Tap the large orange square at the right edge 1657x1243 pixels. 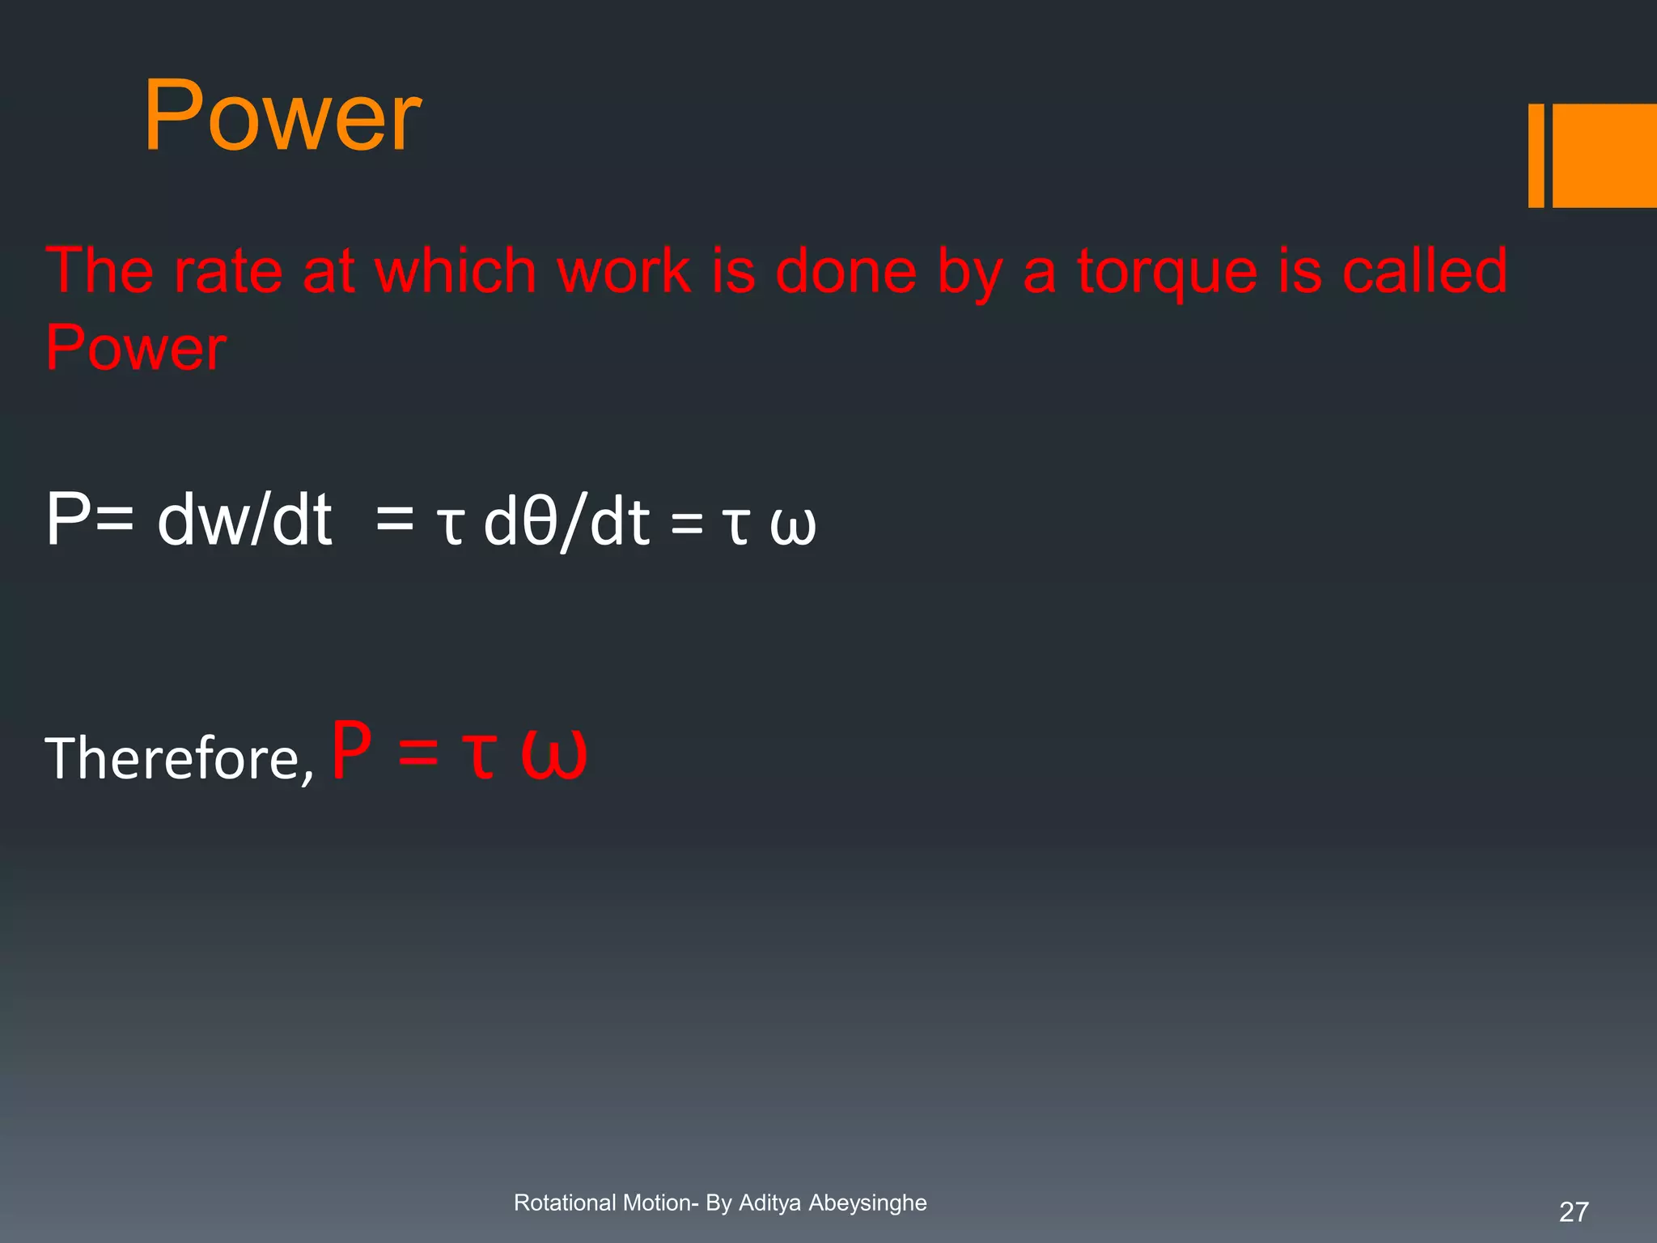(1604, 155)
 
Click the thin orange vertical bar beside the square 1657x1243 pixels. (1536, 155)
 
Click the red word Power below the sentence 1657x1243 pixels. (136, 348)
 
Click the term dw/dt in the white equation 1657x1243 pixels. (244, 520)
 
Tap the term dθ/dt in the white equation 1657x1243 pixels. (566, 522)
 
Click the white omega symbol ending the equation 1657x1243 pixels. (792, 526)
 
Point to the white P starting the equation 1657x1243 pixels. (67, 520)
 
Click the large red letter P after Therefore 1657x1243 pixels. (352, 750)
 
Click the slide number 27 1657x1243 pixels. (1573, 1211)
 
